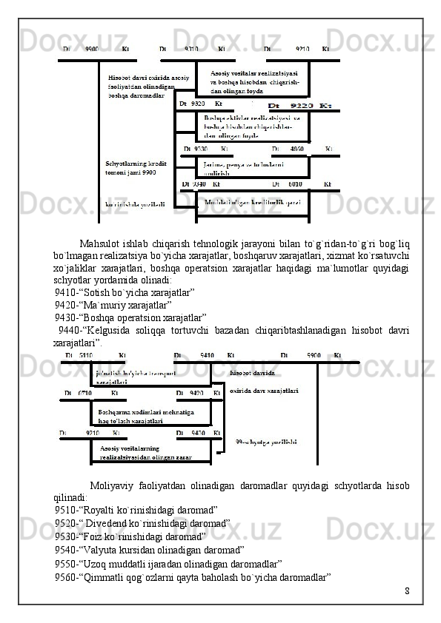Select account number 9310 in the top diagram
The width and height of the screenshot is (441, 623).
coord(191,49)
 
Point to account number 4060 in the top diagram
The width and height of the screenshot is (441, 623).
coord(296,148)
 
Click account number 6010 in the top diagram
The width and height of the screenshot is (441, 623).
coord(295,183)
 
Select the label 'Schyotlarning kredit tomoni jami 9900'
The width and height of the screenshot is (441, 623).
coord(136,167)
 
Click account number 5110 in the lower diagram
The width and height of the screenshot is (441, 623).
coord(87,355)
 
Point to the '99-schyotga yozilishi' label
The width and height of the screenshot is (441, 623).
coord(266,442)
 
